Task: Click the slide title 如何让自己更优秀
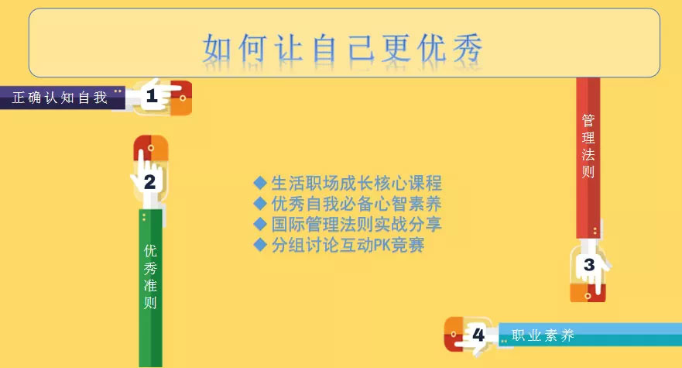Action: click(x=343, y=48)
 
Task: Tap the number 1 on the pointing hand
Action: click(x=152, y=96)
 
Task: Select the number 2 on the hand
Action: click(x=149, y=182)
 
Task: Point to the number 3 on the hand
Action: click(x=589, y=265)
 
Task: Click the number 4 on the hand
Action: click(x=478, y=335)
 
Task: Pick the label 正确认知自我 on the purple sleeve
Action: click(x=60, y=98)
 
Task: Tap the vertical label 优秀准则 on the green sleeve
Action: click(x=150, y=276)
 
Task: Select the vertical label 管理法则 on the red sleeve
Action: click(x=588, y=146)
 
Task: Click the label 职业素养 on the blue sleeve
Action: click(x=543, y=335)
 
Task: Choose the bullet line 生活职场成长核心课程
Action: click(x=357, y=183)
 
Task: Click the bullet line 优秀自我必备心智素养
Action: click(x=357, y=204)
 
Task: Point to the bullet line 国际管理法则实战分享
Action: click(x=357, y=224)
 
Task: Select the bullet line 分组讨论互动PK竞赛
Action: click(x=348, y=245)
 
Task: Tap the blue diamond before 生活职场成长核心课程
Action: click(x=260, y=183)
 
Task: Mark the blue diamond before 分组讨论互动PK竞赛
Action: click(x=260, y=245)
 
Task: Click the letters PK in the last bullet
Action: click(x=382, y=245)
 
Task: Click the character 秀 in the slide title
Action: click(x=468, y=48)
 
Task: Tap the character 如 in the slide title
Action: click(x=217, y=48)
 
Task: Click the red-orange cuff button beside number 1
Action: click(x=181, y=98)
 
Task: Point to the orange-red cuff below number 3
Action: click(x=588, y=293)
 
